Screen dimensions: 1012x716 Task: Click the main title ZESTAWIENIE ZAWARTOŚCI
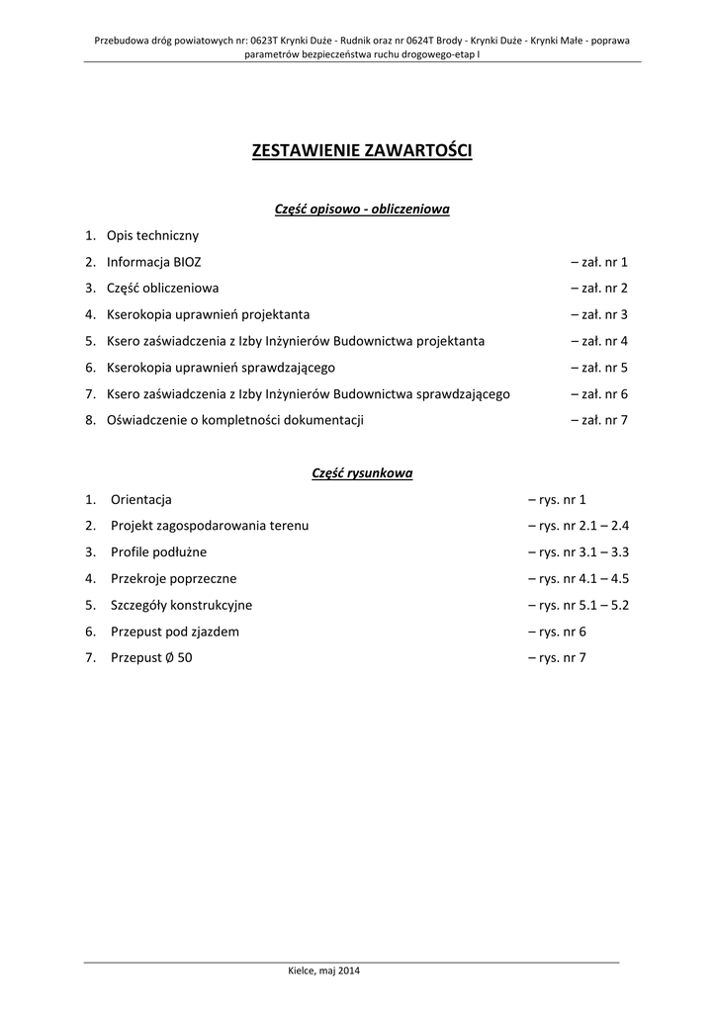point(362,151)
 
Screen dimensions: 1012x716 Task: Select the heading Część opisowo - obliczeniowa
point(362,209)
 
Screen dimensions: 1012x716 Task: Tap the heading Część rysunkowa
point(362,472)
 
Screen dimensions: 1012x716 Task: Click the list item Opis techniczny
point(152,235)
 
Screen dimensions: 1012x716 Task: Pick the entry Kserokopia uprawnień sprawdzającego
point(221,368)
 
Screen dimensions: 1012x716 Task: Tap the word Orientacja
point(141,499)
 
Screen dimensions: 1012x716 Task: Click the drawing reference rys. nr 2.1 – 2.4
point(579,526)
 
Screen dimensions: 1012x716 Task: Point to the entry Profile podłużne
point(159,552)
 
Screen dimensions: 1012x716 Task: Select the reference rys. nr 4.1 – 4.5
point(579,578)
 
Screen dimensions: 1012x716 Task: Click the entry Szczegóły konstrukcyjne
point(182,605)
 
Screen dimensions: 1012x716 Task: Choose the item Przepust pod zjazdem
point(175,631)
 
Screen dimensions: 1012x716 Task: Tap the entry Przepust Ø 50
point(152,657)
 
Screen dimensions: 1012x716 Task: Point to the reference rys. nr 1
point(558,499)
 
